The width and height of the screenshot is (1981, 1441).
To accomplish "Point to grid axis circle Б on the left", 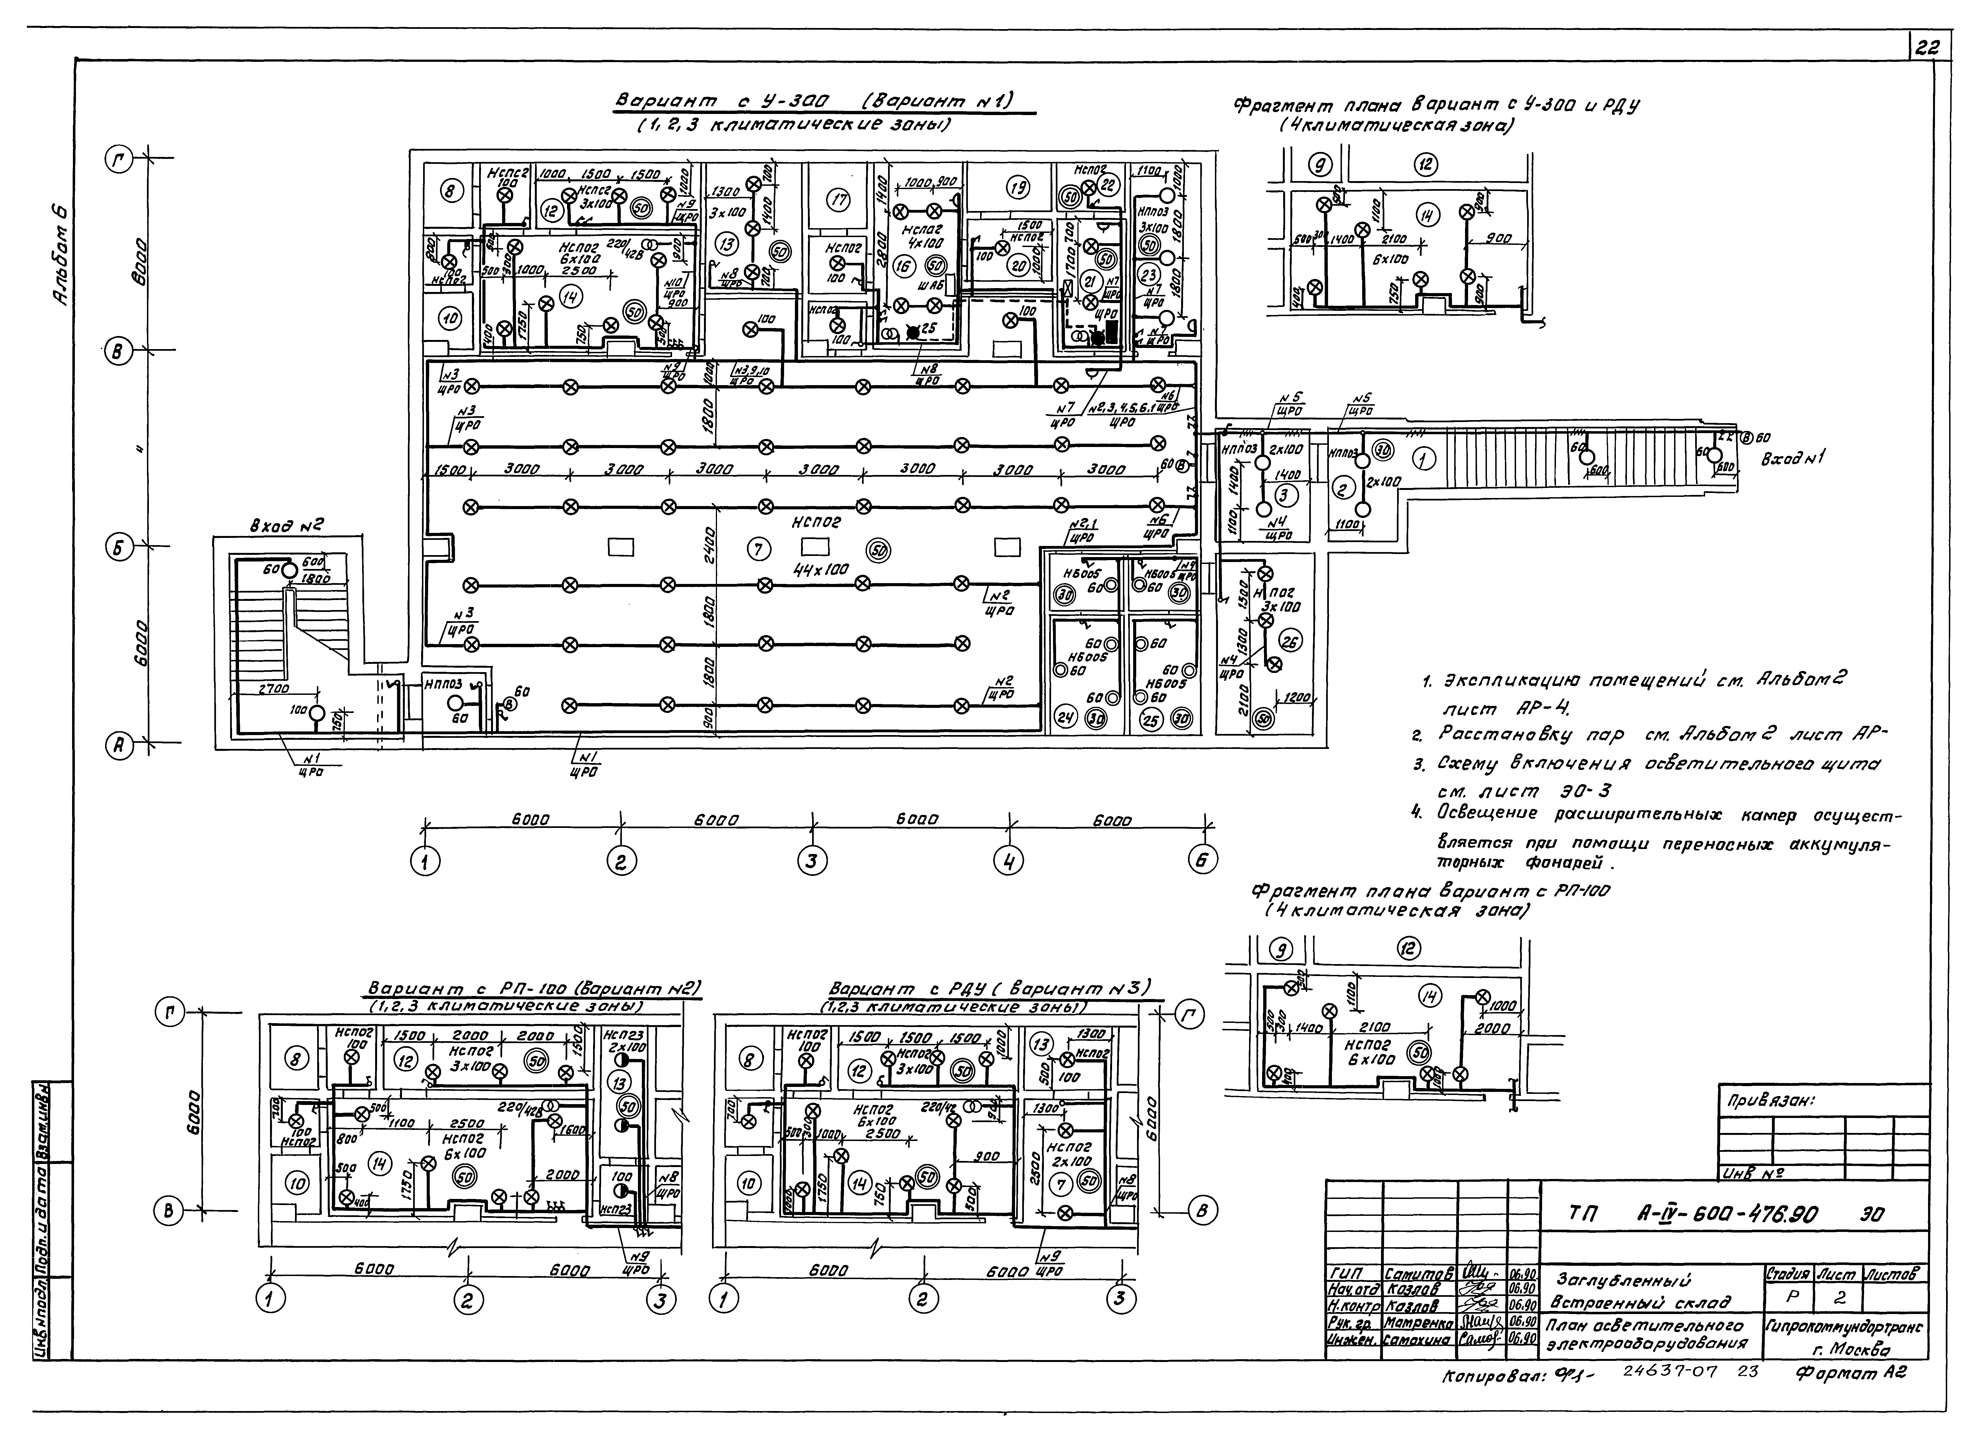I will pos(116,548).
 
